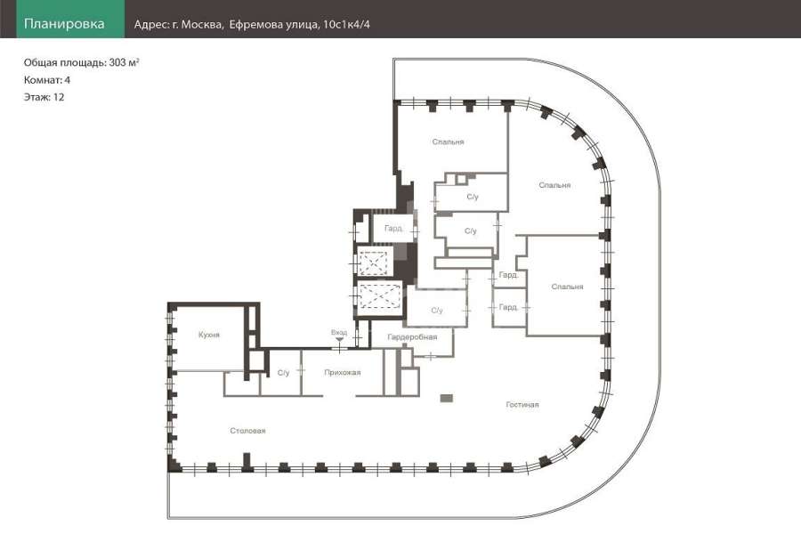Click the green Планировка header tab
click(x=70, y=20)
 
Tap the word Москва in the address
click(x=202, y=25)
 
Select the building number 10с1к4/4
click(x=346, y=25)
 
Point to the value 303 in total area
click(x=117, y=63)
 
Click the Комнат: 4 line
click(x=47, y=80)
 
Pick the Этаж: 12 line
click(x=44, y=97)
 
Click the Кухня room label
click(x=209, y=335)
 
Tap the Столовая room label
click(x=247, y=431)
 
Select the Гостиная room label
click(x=522, y=404)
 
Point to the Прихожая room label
click(x=343, y=373)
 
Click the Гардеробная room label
click(x=412, y=337)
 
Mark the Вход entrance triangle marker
click(x=339, y=339)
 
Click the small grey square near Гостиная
click(x=447, y=398)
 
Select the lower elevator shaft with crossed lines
click(x=378, y=297)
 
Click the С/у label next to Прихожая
click(x=284, y=373)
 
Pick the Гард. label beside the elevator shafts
click(x=393, y=229)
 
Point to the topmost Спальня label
click(x=448, y=142)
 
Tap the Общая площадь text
click(x=65, y=63)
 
